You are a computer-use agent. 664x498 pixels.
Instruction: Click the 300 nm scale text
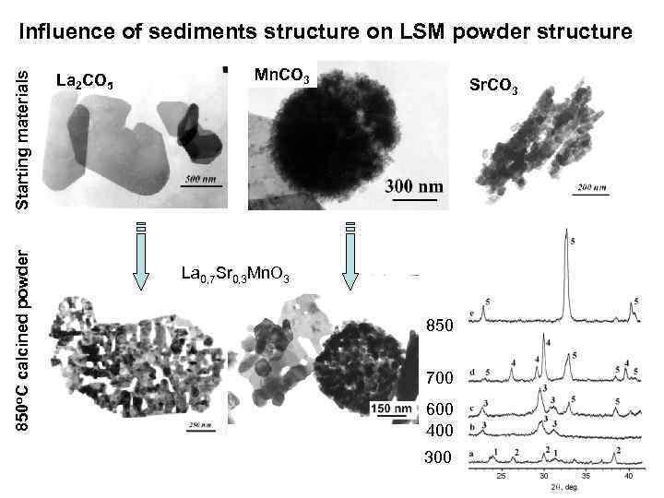413,186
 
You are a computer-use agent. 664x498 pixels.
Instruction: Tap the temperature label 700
440,378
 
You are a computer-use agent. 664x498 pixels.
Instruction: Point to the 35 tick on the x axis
586,477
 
